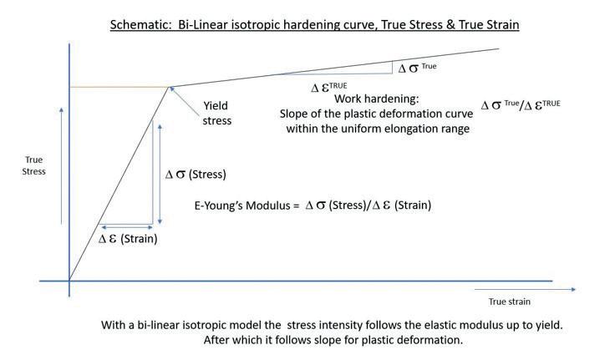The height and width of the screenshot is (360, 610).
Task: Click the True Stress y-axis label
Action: (x=34, y=165)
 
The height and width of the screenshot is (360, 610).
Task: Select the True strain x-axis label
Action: (x=509, y=302)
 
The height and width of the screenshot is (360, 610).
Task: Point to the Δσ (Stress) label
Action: (x=196, y=175)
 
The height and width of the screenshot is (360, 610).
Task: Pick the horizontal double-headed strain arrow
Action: (x=126, y=226)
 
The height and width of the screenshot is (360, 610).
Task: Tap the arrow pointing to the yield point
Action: (x=185, y=97)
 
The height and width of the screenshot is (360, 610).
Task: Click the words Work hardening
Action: (x=369, y=99)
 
